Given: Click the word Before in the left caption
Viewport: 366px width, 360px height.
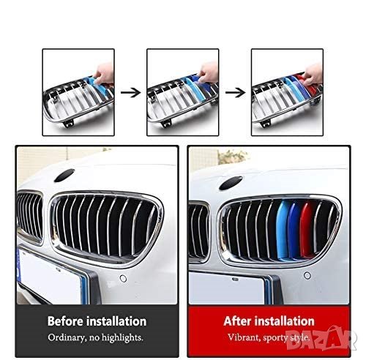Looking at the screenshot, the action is point(65,321).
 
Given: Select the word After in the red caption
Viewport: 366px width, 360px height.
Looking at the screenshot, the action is point(238,321).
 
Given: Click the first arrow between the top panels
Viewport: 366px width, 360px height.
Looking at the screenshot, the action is point(131,93).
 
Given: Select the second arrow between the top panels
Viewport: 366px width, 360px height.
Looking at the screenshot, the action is point(235,93).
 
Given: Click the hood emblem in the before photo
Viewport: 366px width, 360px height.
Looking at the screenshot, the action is point(64,176).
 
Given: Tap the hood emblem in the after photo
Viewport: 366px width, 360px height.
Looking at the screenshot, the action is point(231,183).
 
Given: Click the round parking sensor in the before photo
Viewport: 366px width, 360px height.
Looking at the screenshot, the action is point(123,278).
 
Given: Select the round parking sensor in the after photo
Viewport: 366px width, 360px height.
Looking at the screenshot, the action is point(307,276).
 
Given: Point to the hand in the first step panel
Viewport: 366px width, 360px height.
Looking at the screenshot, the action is point(105,74).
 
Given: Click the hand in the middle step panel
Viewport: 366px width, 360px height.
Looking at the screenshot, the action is point(208,72).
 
